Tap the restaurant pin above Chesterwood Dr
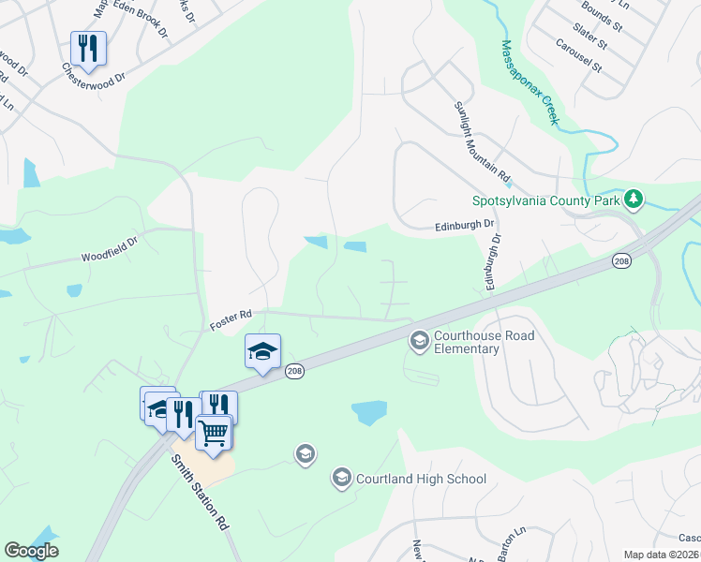[x=88, y=48]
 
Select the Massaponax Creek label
[x=530, y=81]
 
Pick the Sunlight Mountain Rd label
[x=482, y=141]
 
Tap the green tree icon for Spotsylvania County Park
[x=634, y=200]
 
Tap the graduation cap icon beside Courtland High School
[x=341, y=479]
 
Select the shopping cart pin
[x=214, y=432]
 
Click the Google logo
[x=32, y=551]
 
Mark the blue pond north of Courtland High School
[x=368, y=412]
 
